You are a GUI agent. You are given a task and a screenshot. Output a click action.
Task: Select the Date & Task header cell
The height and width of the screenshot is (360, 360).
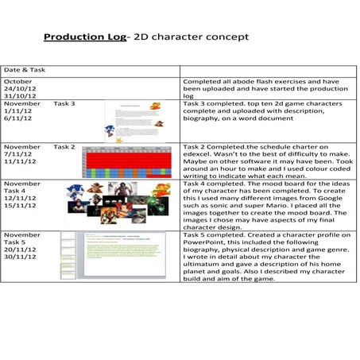(25, 70)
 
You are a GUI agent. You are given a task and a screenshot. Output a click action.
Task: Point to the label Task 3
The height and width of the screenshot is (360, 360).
(64, 104)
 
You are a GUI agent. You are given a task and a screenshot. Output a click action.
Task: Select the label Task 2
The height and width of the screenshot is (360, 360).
(64, 147)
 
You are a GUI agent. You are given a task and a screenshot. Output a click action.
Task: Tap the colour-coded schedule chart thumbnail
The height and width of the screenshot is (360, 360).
(130, 161)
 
